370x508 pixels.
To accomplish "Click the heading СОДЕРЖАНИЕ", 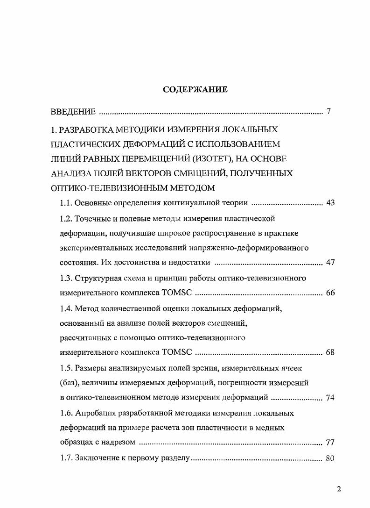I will coord(195,89).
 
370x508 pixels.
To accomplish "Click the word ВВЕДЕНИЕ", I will coord(73,112).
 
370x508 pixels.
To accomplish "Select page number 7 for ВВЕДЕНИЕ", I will coord(329,112).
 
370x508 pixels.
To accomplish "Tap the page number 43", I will coord(330,203).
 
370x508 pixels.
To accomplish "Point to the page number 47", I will coord(330,263).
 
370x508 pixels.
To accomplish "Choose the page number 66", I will coord(330,293).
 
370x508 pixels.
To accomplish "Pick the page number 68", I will coord(330,352).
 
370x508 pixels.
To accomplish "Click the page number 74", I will coord(330,398).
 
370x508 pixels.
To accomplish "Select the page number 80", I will coord(330,458).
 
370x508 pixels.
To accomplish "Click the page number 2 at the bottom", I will coord(339,489).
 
